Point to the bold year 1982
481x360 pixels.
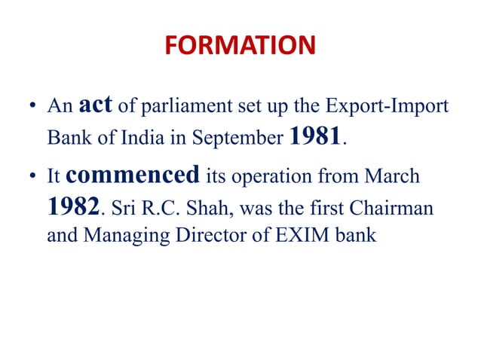73,206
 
